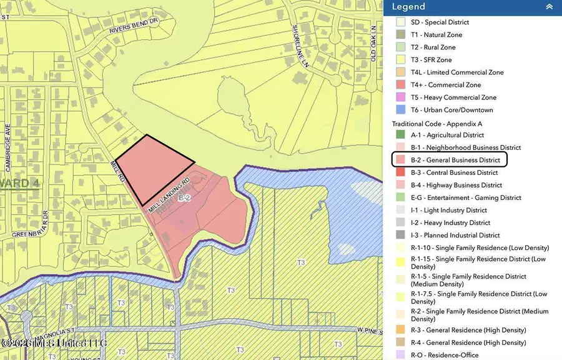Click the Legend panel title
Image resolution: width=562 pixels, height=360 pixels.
click(x=408, y=7)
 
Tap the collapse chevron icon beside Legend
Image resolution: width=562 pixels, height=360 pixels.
click(x=549, y=7)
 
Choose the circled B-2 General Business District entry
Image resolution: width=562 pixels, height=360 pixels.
click(x=450, y=160)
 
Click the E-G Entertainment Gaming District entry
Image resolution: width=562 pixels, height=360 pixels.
click(x=466, y=197)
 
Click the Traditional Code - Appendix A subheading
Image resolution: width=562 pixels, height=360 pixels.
click(x=437, y=124)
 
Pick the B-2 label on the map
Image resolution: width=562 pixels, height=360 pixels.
click(x=184, y=198)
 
